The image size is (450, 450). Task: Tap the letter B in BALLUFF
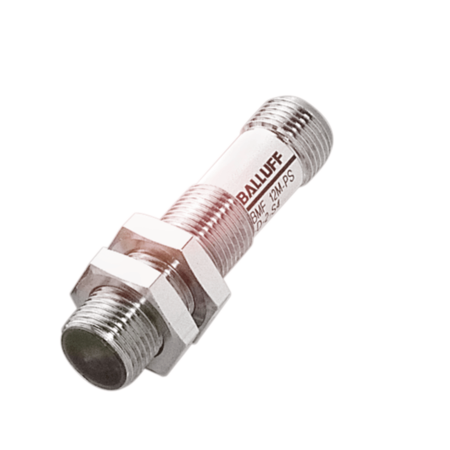point(243,197)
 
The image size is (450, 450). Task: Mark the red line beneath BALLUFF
point(271,184)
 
